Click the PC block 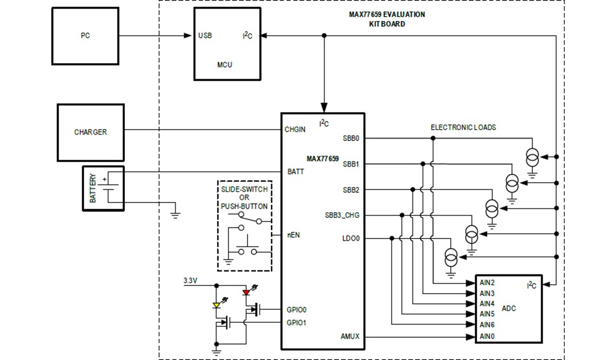click(x=85, y=36)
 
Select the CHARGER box click(x=90, y=132)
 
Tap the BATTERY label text click(x=93, y=188)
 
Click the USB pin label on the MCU click(x=205, y=35)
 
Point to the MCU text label click(x=225, y=64)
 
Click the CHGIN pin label click(x=295, y=130)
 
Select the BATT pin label click(x=295, y=171)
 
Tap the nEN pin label click(x=293, y=234)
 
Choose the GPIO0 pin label click(x=297, y=310)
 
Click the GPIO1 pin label click(x=297, y=322)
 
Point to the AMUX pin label click(x=350, y=337)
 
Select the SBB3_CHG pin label click(x=342, y=215)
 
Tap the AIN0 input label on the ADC click(x=487, y=336)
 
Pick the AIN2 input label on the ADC click(x=487, y=282)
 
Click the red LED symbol click(x=246, y=293)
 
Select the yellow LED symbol click(x=217, y=305)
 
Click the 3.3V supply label click(x=191, y=281)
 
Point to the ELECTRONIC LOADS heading click(x=463, y=128)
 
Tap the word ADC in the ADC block click(x=509, y=309)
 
